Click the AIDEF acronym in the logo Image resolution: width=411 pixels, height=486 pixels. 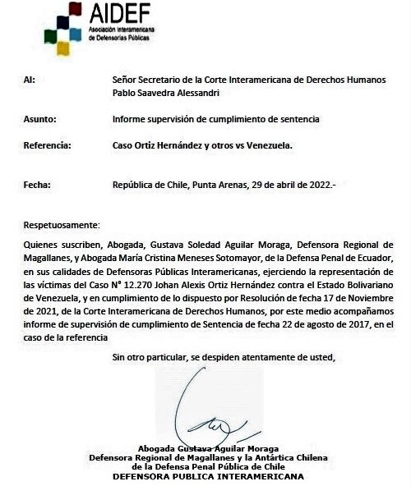(122, 14)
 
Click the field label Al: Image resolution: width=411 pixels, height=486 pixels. (30, 80)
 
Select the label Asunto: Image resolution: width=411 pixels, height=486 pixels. (39, 119)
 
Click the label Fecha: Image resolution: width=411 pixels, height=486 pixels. (37, 185)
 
